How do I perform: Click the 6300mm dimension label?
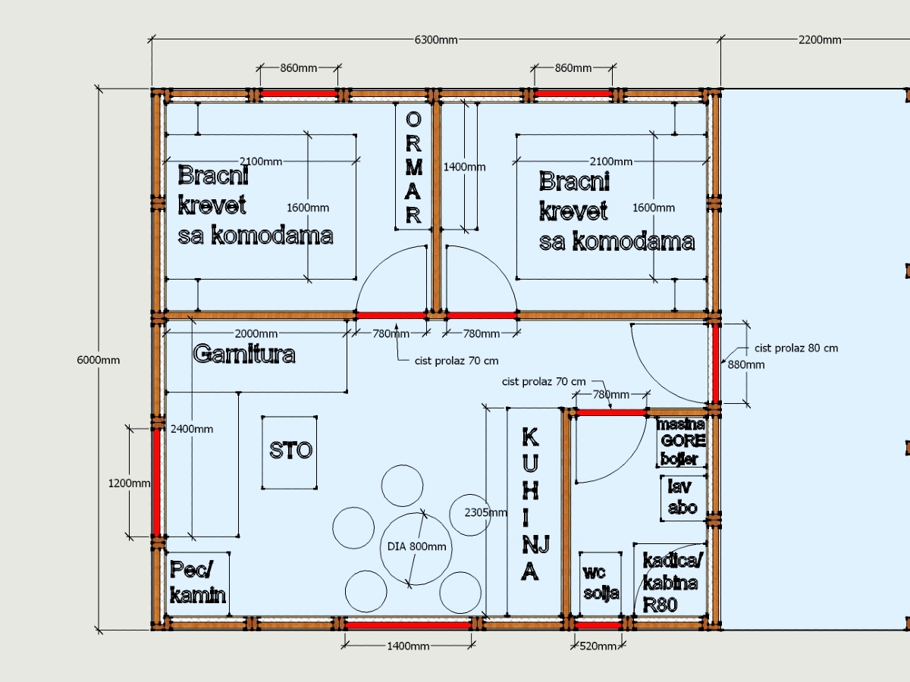(x=436, y=39)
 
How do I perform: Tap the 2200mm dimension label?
(x=820, y=39)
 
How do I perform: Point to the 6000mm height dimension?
(x=99, y=360)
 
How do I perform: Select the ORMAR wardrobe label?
(x=413, y=167)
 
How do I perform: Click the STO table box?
(x=290, y=452)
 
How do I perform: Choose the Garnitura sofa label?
(x=244, y=354)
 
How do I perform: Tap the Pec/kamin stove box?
(x=198, y=583)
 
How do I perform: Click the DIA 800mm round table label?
(x=416, y=546)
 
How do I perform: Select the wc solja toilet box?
(x=601, y=583)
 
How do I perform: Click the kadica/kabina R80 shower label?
(x=673, y=583)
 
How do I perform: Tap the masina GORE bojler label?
(x=681, y=442)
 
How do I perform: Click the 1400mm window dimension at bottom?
(x=408, y=646)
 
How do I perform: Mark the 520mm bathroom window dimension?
(x=598, y=646)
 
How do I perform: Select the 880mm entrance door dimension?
(x=746, y=364)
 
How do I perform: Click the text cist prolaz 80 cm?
(x=796, y=349)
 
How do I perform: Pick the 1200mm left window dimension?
(x=129, y=483)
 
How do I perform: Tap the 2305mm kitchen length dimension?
(x=485, y=513)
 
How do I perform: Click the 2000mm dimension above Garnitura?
(x=256, y=333)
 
